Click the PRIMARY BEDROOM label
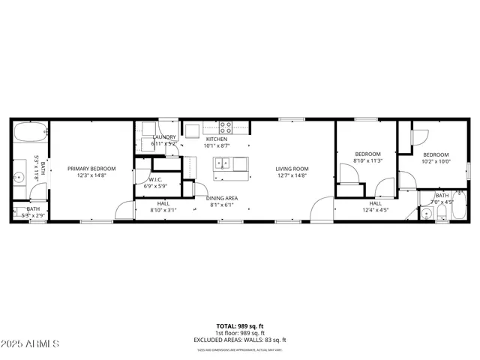[x=91, y=169]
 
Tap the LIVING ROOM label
[x=292, y=169]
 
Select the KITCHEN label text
[x=217, y=139]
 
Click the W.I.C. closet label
[x=156, y=179]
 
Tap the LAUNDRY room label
[x=164, y=136]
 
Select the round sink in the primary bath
[x=19, y=178]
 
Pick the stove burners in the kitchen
[x=226, y=127]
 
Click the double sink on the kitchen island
[x=222, y=163]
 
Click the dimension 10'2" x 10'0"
[x=435, y=160]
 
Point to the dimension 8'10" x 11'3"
[x=368, y=160]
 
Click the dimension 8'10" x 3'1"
[x=163, y=210]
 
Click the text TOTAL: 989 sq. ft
[x=239, y=325]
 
